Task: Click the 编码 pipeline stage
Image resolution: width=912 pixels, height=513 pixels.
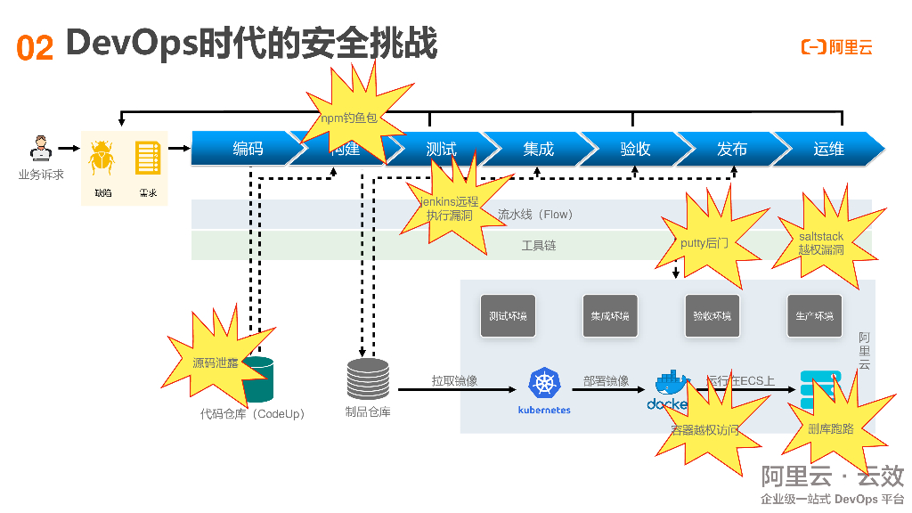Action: pos(247,149)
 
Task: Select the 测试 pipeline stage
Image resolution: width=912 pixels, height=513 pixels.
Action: pos(441,149)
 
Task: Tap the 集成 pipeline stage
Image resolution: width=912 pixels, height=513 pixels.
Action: pos(538,149)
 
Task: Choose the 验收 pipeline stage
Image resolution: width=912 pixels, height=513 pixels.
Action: pos(635,149)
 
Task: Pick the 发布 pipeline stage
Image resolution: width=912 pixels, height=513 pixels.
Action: pos(732,149)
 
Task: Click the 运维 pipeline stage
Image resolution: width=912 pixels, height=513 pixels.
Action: pos(828,149)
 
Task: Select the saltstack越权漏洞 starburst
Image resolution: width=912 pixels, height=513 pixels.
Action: pos(820,243)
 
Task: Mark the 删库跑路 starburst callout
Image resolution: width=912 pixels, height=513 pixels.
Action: pos(830,428)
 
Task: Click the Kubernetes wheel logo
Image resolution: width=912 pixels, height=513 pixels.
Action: pos(543,384)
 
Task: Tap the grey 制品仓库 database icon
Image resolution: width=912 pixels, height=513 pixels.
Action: pos(368,379)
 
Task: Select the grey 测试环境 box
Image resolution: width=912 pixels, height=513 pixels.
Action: pos(508,316)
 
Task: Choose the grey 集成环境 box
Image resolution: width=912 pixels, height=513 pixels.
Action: pos(610,316)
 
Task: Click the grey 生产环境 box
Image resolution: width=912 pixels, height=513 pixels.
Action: pos(815,316)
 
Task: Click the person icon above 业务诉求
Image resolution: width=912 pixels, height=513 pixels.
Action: pos(40,148)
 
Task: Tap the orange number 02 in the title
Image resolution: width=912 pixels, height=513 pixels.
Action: pos(35,47)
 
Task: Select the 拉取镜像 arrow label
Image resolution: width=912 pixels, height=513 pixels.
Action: pos(454,380)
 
